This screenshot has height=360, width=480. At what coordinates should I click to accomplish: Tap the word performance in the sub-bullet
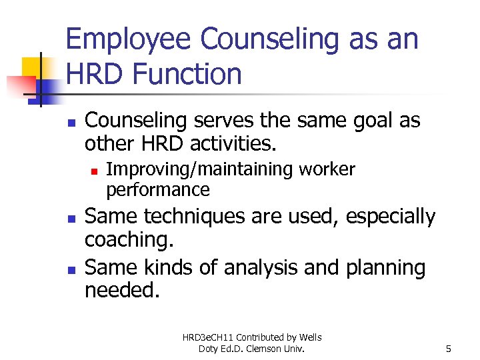tap(158, 190)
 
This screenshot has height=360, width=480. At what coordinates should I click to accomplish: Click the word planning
tap(385, 268)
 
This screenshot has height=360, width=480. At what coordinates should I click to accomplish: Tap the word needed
tap(122, 291)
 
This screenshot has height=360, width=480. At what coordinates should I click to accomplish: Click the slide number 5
tap(449, 348)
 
